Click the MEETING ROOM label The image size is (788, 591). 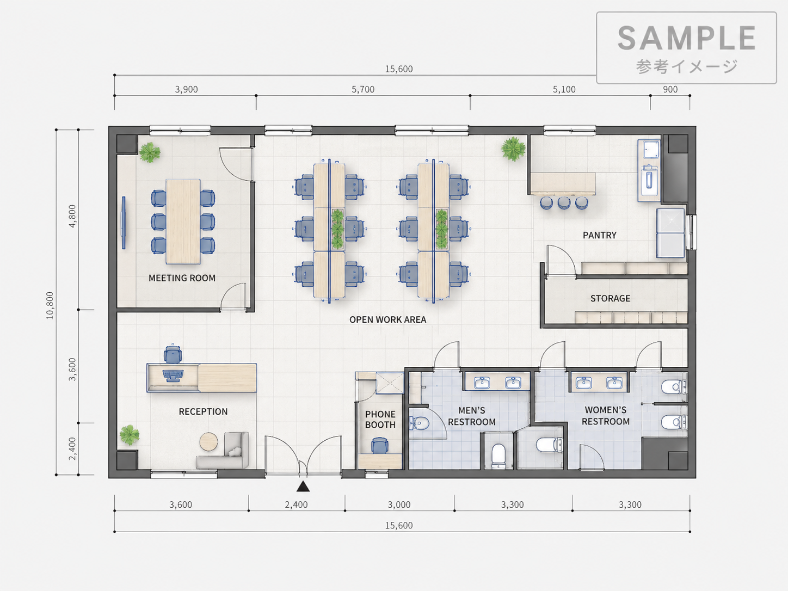pyautogui.click(x=182, y=278)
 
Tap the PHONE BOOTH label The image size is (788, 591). pyautogui.click(x=380, y=420)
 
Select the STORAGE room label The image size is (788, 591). pyautogui.click(x=610, y=298)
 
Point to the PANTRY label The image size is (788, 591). pyautogui.click(x=600, y=236)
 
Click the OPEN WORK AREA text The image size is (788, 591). pyautogui.click(x=387, y=320)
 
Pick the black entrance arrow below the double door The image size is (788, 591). pyautogui.click(x=303, y=486)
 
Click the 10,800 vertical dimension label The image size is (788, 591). pyautogui.click(x=50, y=305)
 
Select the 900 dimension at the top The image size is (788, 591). pyautogui.click(x=670, y=89)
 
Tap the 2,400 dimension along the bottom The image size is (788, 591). pyautogui.click(x=296, y=505)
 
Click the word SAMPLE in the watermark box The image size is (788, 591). pyautogui.click(x=686, y=38)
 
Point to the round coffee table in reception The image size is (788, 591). pyautogui.click(x=208, y=442)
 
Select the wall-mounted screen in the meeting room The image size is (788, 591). pyautogui.click(x=124, y=223)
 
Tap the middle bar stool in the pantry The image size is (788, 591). pyautogui.click(x=564, y=203)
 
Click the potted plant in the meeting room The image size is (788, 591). pyautogui.click(x=150, y=152)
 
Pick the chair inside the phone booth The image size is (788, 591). pyautogui.click(x=379, y=446)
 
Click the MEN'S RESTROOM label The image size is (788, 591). pyautogui.click(x=472, y=416)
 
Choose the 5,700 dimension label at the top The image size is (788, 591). pyautogui.click(x=363, y=89)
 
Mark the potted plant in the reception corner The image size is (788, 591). pyautogui.click(x=129, y=435)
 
